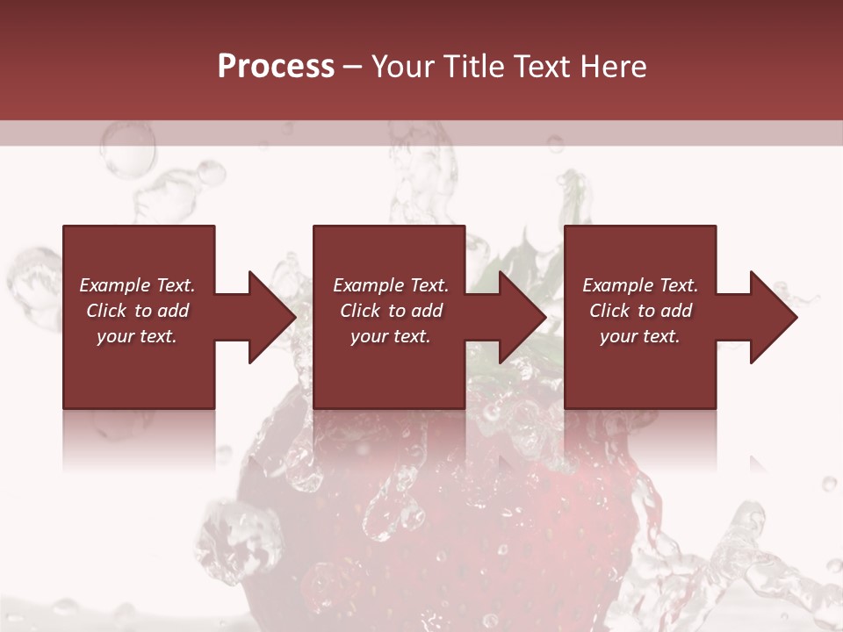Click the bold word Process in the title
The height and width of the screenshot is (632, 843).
coord(276,66)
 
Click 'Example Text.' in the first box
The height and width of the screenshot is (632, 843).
coord(137,285)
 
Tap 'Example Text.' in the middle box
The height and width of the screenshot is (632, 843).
coord(391,285)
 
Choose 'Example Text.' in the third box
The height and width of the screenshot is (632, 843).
coord(640,285)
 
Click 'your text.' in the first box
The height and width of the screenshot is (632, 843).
coord(137,336)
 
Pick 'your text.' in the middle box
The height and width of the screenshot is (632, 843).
coord(391,336)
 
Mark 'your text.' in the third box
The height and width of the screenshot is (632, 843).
coord(640,336)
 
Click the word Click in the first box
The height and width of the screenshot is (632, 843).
coord(106,311)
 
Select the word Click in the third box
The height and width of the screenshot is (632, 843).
coord(609,311)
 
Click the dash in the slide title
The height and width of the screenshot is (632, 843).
coord(352,68)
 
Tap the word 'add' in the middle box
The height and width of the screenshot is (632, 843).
coord(426,311)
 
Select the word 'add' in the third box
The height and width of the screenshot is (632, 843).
coord(675,311)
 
